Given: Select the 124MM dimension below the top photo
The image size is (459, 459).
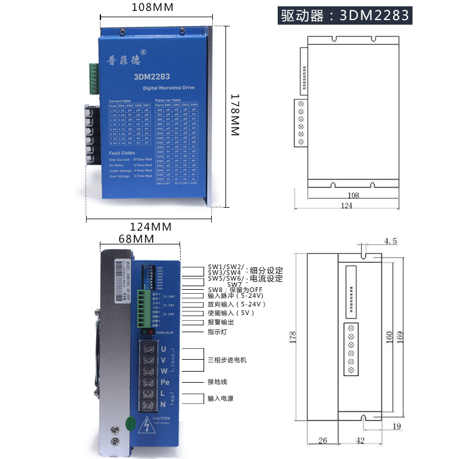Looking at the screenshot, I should (x=151, y=227).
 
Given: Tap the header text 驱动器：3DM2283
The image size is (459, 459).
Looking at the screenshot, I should (x=346, y=15).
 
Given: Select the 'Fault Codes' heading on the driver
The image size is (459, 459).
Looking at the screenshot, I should (x=122, y=153).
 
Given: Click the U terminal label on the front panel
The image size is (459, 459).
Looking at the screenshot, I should (x=164, y=349).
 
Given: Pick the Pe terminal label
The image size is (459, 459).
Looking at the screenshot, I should (x=165, y=382).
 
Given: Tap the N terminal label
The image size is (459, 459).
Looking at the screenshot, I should (x=164, y=404).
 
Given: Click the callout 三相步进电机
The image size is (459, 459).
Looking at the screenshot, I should (x=227, y=360).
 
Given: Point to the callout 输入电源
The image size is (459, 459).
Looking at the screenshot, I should (x=221, y=398).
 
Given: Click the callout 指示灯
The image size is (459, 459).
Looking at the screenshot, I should (x=217, y=332).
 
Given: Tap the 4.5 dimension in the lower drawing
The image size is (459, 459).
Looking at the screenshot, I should (x=390, y=242).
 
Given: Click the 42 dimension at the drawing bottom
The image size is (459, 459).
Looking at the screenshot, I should (x=360, y=441).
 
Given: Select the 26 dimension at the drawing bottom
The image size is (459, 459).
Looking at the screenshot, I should (x=322, y=441).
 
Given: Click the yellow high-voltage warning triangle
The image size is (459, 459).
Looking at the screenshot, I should (x=149, y=425).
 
